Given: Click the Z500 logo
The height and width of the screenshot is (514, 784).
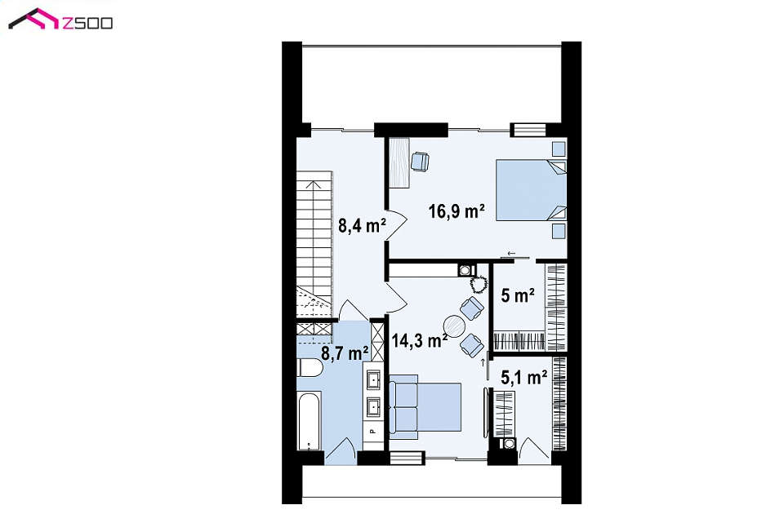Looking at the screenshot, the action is coord(60,20).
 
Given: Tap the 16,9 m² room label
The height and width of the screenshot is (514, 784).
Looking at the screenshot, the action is coord(457,211).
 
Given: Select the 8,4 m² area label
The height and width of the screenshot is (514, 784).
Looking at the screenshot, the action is coord(362,225).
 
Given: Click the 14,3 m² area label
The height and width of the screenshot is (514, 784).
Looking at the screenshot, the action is coord(419,341).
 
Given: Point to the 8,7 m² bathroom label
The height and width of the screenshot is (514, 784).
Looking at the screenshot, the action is coord(345,353).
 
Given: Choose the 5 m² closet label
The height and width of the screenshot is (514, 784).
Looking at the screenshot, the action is coord(518,295).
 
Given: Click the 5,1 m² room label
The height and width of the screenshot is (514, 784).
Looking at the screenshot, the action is coord(523,378).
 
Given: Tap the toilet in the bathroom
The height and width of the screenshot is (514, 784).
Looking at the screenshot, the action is coord(310,368).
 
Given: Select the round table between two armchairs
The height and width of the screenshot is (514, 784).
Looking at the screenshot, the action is coord(455,326).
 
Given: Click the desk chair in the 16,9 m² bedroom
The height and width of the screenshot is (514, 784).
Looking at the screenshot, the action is coord(420,162).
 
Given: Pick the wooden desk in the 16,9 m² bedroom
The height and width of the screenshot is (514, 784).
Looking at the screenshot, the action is coord(399,163).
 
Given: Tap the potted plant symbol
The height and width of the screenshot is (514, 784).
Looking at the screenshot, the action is coord(479,284).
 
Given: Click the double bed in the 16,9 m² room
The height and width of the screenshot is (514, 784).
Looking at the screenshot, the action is coord(531,190).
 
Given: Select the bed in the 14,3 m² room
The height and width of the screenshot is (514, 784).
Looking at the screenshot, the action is coord(425,406).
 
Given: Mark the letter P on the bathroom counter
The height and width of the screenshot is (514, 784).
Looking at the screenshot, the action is coord(372,431).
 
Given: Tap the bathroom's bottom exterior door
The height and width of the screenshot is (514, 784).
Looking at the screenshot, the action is coord(341,451).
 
